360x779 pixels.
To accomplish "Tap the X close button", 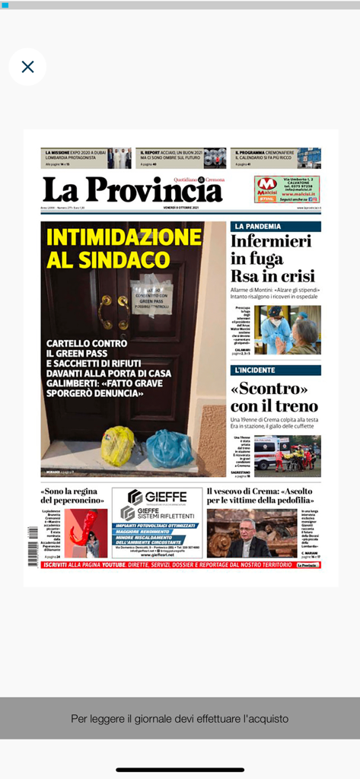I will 27,67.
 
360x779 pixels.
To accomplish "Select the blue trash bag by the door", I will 169,449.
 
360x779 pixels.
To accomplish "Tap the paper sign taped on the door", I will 151,293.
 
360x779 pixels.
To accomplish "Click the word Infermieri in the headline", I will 271,242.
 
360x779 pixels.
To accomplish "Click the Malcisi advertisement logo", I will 266,185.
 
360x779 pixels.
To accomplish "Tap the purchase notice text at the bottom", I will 180,718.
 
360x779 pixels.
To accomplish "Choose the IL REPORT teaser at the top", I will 180,157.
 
